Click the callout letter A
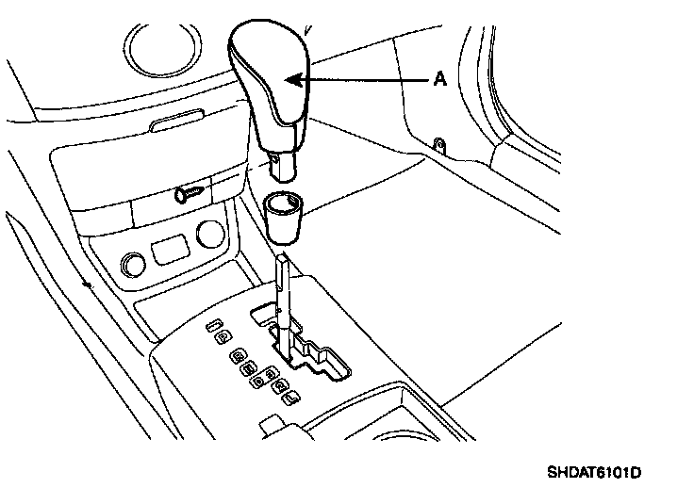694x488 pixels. (438, 81)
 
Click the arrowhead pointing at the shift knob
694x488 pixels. (293, 80)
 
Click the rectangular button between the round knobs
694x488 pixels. (169, 252)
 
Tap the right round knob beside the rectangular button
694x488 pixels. (210, 233)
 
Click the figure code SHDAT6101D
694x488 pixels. (599, 470)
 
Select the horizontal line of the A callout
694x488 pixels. (368, 81)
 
